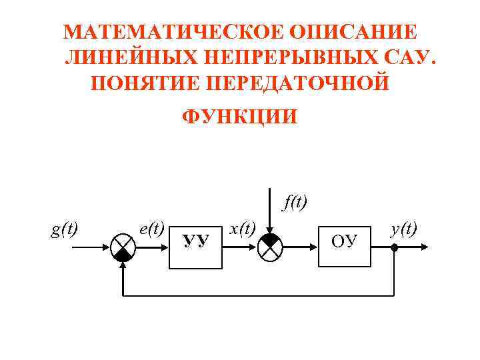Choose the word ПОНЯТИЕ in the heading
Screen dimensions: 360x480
coord(137,85)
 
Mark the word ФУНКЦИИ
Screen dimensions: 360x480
coord(239,117)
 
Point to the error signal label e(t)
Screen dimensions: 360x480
coord(152,229)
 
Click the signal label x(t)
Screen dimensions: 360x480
coord(242,229)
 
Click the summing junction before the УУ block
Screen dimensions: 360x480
coord(122,247)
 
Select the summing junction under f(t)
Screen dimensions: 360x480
coord(271,247)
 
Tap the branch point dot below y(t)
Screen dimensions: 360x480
coord(395,247)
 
